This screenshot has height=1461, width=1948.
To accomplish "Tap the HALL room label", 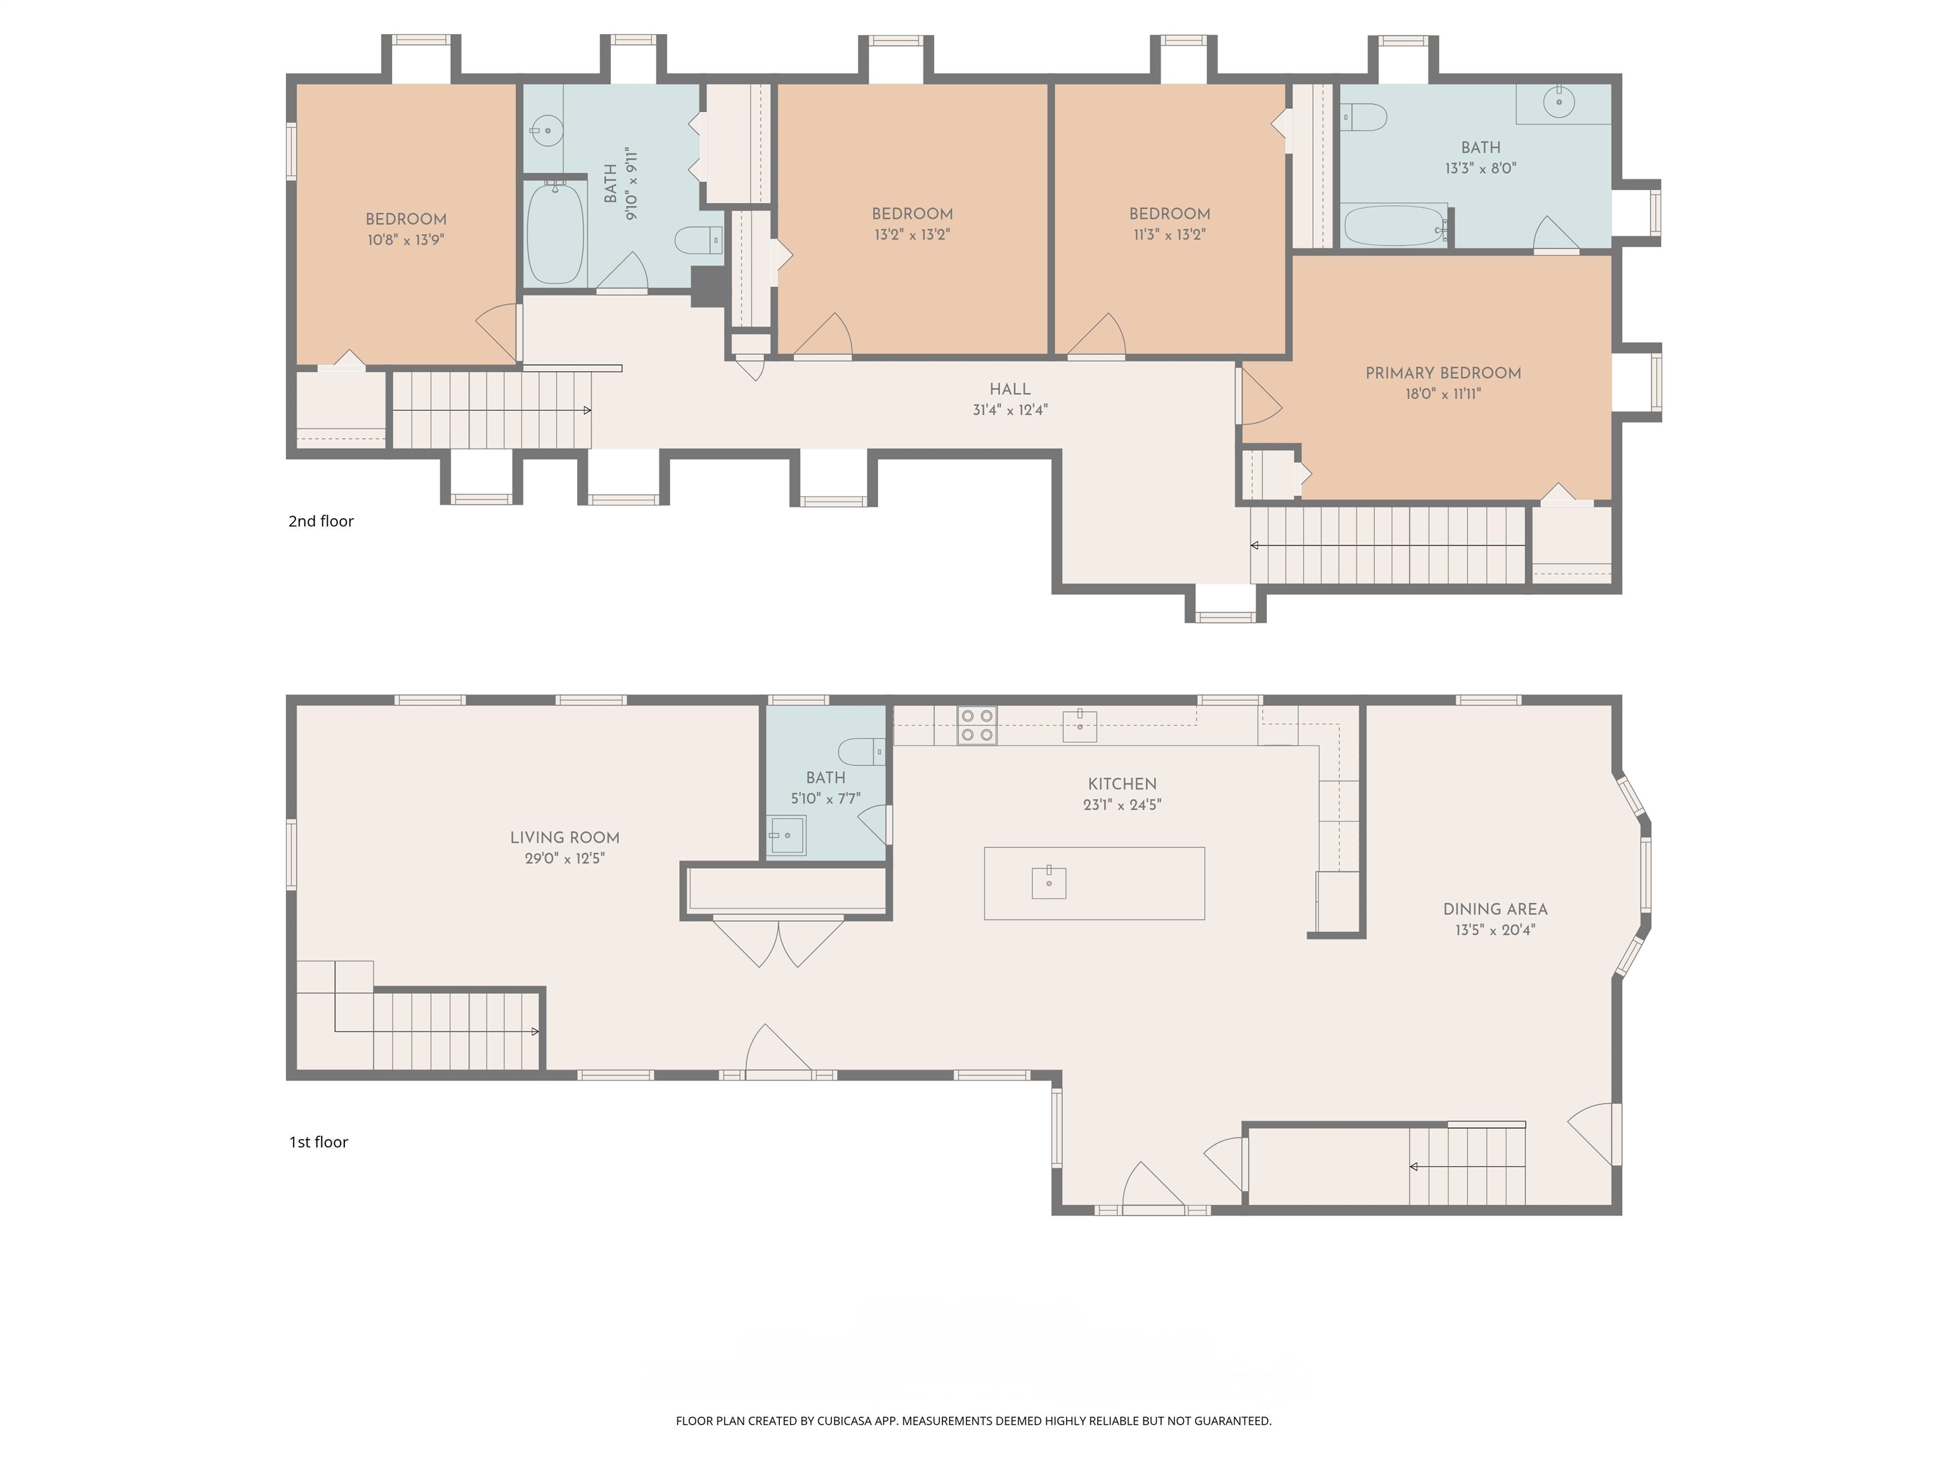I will click(x=1010, y=389).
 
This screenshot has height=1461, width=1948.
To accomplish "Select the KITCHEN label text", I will click(x=1121, y=784).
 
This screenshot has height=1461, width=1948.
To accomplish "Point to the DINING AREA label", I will click(x=1495, y=909).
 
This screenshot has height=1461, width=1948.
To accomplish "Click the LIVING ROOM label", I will click(x=564, y=838).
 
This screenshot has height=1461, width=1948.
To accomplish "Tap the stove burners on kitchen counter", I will click(x=977, y=725).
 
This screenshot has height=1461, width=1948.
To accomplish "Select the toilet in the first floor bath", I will click(x=861, y=751).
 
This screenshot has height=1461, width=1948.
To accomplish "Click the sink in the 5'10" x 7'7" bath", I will click(x=786, y=835).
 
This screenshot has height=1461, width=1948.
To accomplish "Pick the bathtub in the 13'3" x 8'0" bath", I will click(x=1394, y=226).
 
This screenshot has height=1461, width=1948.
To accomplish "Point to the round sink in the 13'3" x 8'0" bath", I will click(x=1559, y=101).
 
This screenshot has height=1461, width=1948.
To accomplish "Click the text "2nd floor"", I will click(x=321, y=521).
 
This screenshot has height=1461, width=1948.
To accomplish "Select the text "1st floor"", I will click(x=319, y=1142).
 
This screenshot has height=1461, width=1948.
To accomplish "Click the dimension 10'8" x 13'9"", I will click(x=405, y=240).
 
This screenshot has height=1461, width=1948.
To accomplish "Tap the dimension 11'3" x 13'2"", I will click(x=1169, y=234).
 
